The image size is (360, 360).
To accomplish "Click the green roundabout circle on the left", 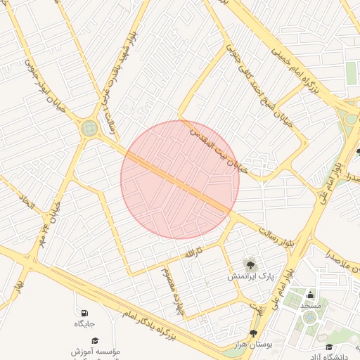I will click(89, 128).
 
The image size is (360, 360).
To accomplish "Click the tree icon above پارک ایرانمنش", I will click(248, 264).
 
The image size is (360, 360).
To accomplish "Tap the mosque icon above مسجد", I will click(310, 294).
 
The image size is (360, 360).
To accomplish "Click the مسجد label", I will click(310, 306).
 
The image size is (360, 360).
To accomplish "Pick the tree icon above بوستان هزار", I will click(253, 334).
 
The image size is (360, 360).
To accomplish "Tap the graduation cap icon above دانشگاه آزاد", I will click(330, 347).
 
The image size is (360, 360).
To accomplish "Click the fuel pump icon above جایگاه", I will click(85, 312).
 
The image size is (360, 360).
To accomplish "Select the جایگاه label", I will click(85, 324).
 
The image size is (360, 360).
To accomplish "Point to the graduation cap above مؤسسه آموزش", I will click(95, 340).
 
